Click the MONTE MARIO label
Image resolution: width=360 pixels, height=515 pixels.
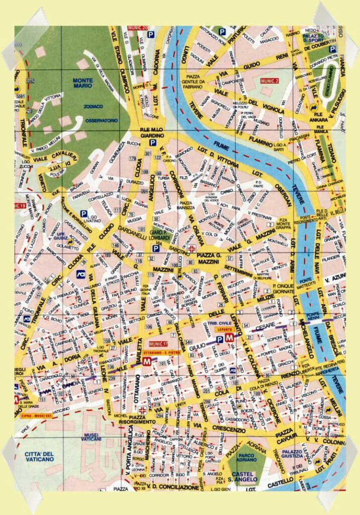pos(82,83)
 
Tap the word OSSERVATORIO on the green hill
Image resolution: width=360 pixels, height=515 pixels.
pos(101,121)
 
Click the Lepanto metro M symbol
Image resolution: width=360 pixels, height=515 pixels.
pos(230,338)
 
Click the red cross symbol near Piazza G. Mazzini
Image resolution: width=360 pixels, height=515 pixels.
pos(193,247)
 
